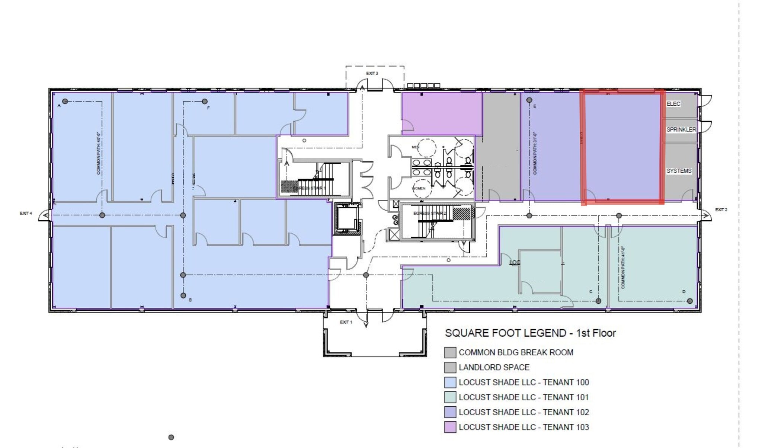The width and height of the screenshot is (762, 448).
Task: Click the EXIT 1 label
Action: tap(346, 322)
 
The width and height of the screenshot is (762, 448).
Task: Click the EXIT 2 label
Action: tap(721, 210)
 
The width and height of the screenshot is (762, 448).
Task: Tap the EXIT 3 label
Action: tap(372, 73)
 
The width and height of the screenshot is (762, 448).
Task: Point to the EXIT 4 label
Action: tap(26, 213)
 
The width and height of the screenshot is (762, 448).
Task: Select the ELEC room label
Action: tap(673, 104)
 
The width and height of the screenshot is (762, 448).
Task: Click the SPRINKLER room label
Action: tap(681, 129)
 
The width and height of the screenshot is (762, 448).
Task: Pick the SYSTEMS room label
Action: tap(679, 171)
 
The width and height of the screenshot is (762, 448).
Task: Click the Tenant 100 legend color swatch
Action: tap(450, 382)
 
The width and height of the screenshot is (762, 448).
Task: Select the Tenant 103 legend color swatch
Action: tap(450, 427)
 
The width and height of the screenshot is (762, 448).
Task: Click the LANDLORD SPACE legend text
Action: tap(494, 367)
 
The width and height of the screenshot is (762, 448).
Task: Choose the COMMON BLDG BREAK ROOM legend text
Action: tap(516, 352)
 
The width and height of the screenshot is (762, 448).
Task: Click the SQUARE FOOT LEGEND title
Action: tap(530, 333)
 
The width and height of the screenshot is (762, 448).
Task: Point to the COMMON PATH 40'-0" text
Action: tap(99, 153)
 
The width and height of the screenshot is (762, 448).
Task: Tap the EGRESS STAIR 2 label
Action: tap(429, 213)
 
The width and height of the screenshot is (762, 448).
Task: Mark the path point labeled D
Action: tap(689, 301)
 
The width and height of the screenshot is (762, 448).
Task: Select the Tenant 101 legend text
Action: tap(524, 397)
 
